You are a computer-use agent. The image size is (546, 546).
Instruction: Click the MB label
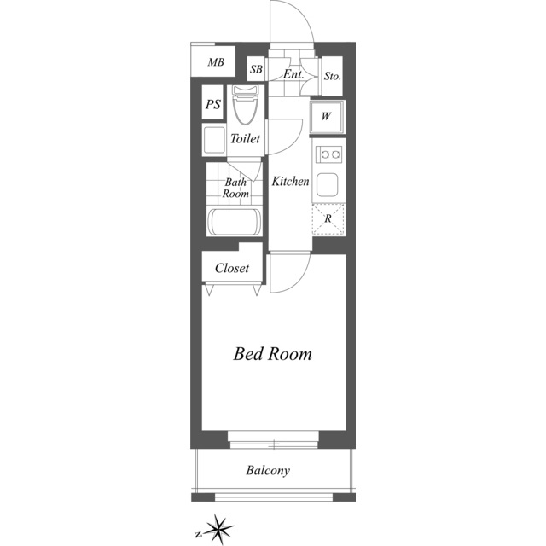point(216,62)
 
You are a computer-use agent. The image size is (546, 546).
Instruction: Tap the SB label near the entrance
point(256,69)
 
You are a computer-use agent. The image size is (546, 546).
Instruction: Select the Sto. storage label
point(332,76)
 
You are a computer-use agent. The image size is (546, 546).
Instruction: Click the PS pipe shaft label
point(213,104)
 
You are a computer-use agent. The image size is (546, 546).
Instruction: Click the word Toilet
point(245,138)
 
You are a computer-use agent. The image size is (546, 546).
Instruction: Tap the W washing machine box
point(328,117)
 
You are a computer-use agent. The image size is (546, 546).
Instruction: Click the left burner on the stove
point(325,154)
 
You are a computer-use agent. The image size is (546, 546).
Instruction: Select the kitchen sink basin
point(328,184)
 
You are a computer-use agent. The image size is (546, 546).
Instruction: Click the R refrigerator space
point(328,219)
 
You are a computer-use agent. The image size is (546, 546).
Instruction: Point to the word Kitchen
point(290,182)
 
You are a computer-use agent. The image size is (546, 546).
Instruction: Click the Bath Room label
point(235,188)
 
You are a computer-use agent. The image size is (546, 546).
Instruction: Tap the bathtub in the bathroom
point(235,222)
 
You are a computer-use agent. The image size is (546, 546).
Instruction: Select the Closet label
point(232,268)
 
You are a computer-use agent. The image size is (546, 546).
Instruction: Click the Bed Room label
point(273,354)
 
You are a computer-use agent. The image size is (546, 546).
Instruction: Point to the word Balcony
point(268,470)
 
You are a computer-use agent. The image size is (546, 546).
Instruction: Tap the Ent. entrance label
point(293,74)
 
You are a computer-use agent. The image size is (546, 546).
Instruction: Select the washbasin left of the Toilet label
point(214,140)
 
